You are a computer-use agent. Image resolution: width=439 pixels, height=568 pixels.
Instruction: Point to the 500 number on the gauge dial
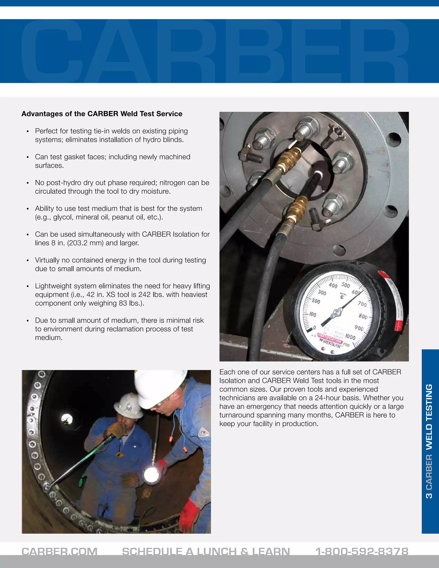[x=346, y=285]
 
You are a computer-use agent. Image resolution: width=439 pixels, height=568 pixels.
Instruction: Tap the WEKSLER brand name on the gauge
[x=332, y=344]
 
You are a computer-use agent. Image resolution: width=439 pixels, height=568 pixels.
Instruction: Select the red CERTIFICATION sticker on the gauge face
[x=330, y=339]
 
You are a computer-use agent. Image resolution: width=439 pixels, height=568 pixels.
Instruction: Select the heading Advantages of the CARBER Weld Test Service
[x=102, y=114]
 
